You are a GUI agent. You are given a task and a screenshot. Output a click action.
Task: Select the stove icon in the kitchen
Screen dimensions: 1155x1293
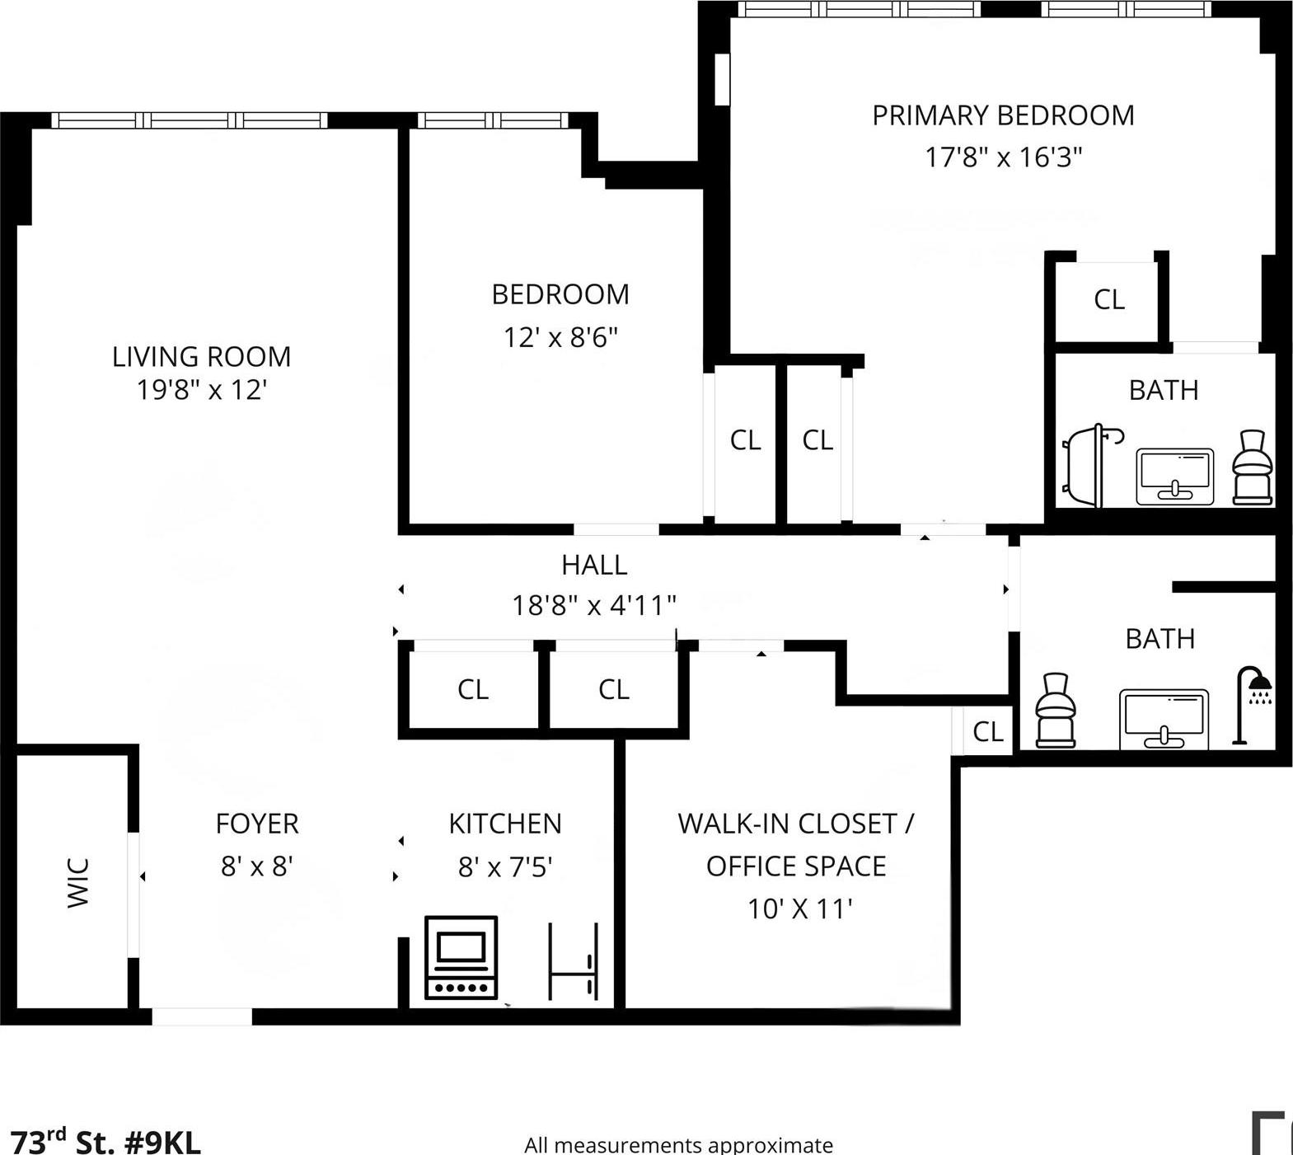pyautogui.click(x=461, y=956)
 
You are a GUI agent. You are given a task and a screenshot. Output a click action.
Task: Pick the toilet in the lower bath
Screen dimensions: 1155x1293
pyautogui.click(x=1055, y=711)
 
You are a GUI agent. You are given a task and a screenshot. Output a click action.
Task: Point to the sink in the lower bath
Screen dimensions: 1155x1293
pyautogui.click(x=1164, y=718)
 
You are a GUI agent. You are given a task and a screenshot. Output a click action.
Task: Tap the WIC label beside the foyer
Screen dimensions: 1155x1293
pyautogui.click(x=77, y=882)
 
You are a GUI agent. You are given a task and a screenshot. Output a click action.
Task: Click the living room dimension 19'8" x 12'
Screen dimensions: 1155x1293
pyautogui.click(x=202, y=389)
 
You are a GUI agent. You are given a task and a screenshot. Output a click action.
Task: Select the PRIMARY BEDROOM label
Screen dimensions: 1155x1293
pyautogui.click(x=1003, y=115)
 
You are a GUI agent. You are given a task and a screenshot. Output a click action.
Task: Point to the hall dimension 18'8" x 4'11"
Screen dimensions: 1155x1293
pyautogui.click(x=593, y=605)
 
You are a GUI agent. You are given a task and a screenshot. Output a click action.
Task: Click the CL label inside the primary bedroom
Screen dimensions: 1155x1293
pyautogui.click(x=1108, y=299)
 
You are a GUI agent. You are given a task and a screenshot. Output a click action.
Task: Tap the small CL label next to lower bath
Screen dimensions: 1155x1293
pyautogui.click(x=987, y=731)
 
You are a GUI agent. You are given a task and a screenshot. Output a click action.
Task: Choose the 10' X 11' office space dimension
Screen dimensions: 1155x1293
pyautogui.click(x=799, y=909)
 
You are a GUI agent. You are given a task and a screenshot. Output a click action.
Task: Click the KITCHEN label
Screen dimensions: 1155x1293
pyautogui.click(x=504, y=824)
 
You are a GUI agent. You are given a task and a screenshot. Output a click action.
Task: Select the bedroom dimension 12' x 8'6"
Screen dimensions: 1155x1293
pyautogui.click(x=560, y=337)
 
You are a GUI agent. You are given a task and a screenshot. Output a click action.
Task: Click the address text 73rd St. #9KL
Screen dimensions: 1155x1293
pyautogui.click(x=105, y=1142)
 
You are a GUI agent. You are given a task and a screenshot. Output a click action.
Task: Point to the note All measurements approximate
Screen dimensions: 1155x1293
pyautogui.click(x=678, y=1144)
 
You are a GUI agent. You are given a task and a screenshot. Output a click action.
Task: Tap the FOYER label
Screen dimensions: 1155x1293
pyautogui.click(x=257, y=824)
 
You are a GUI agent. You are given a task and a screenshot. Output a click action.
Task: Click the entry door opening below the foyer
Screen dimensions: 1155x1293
pyautogui.click(x=202, y=1016)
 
